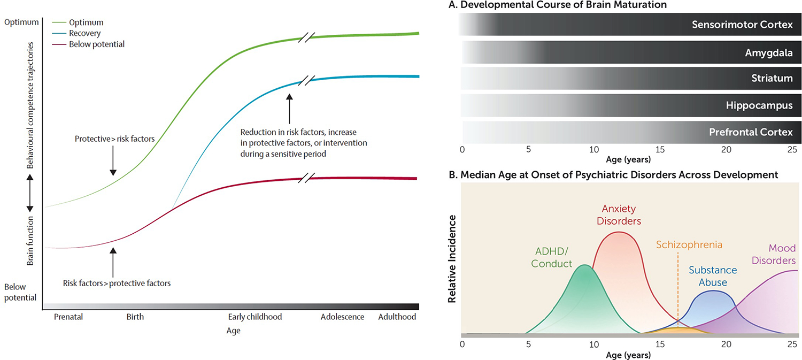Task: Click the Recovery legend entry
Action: tap(85, 33)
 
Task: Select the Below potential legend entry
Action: tap(96, 44)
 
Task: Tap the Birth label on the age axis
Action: tap(135, 317)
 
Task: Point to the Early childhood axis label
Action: tap(255, 317)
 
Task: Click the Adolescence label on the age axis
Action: tap(342, 317)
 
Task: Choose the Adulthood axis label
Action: tap(397, 317)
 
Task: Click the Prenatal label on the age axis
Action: tap(68, 317)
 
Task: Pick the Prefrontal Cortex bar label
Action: tap(751, 132)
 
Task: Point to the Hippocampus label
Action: tap(759, 105)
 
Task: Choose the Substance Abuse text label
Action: tap(713, 276)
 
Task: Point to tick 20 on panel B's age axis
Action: tap(726, 344)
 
